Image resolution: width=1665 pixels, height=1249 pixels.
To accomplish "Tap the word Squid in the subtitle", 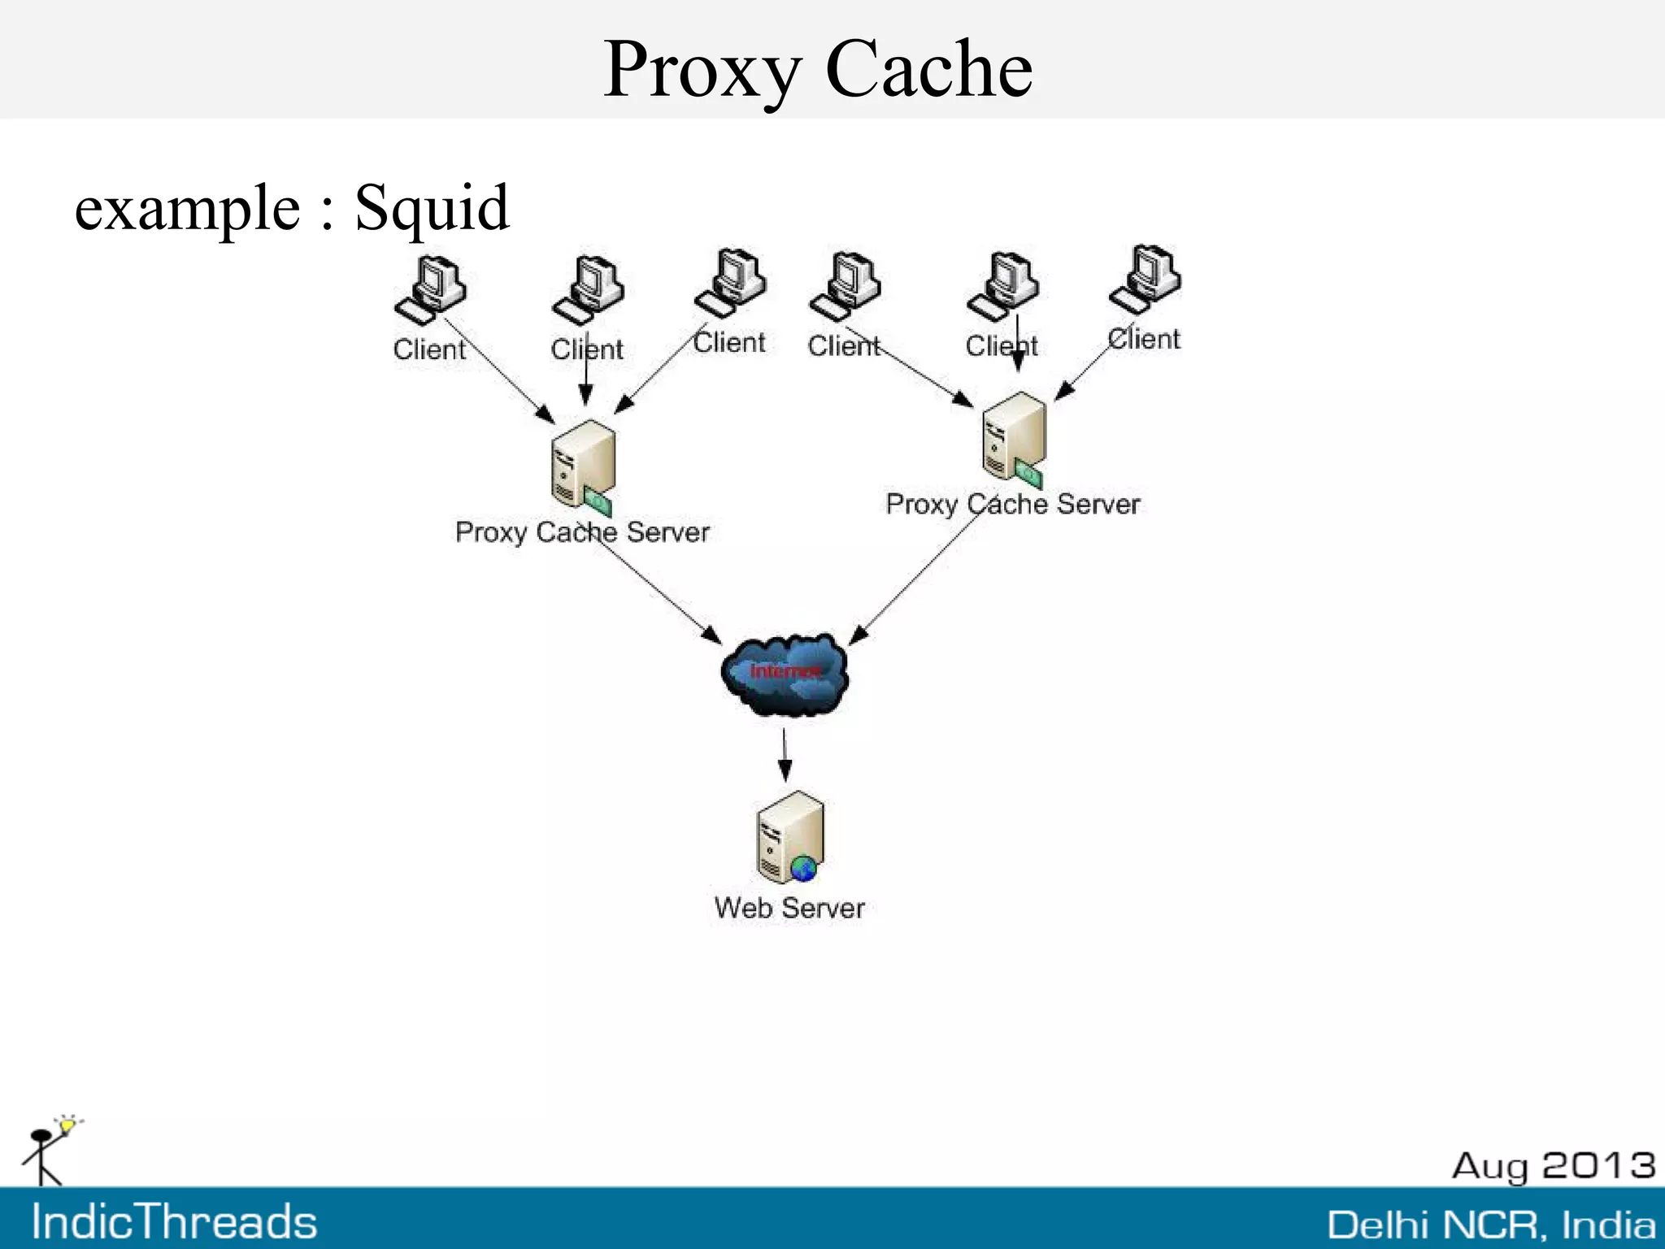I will [x=432, y=208].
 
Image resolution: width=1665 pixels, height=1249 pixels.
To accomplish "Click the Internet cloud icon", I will [x=785, y=674].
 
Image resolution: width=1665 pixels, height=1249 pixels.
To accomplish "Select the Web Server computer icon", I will [x=789, y=838].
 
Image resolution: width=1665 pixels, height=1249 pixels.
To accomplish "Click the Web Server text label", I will [x=789, y=908].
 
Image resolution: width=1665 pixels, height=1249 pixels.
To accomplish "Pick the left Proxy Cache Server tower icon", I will [x=582, y=466].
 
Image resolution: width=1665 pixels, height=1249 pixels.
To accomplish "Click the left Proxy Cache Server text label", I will [x=582, y=532].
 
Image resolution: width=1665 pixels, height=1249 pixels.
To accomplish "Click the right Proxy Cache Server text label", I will [x=1013, y=505].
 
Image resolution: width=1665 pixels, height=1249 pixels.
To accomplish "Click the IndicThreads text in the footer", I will [x=174, y=1222].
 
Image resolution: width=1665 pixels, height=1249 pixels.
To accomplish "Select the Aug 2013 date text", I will [x=1553, y=1165].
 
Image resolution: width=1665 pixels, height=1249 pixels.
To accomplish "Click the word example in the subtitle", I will [x=187, y=210].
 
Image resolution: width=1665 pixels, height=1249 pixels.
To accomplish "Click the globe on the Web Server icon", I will [x=804, y=869].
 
